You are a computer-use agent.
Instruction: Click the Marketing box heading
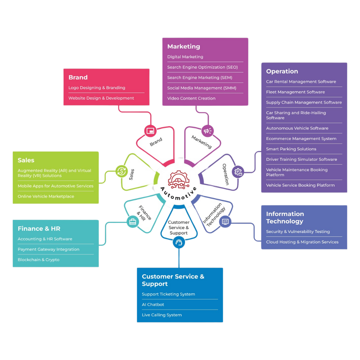184,46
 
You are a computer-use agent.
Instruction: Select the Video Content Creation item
191,98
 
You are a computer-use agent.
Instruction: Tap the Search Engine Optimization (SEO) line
202,67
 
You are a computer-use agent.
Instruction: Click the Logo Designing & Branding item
97,88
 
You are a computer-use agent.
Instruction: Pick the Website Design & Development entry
101,98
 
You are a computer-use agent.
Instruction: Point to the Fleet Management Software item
295,92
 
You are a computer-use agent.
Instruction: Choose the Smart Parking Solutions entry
291,149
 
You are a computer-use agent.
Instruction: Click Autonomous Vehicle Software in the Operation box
297,128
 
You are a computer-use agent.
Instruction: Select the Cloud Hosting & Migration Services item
302,242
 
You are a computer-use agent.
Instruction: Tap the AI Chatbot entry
153,305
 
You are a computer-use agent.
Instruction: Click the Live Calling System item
162,315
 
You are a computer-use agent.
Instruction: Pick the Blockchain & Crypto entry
39,260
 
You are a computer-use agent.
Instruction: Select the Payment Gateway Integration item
48,249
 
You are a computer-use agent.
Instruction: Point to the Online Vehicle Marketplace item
46,197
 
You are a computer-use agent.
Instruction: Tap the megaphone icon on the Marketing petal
208,131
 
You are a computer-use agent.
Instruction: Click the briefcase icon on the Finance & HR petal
133,221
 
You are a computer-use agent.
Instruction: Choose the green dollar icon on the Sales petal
122,171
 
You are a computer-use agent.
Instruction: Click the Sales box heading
26,160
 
